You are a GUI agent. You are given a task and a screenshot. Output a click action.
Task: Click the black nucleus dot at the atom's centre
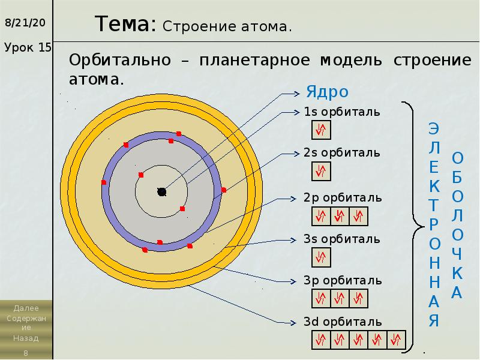point(161,191)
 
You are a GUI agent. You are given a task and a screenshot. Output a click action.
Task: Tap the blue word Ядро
point(327,92)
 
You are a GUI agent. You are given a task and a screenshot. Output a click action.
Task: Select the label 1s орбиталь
point(342,112)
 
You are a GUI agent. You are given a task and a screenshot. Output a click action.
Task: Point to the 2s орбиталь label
point(342,153)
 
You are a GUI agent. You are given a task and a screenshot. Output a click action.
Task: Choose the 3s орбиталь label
point(342,239)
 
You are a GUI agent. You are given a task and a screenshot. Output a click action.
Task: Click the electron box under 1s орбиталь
point(321,130)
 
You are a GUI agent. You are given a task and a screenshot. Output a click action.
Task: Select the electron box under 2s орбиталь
point(321,172)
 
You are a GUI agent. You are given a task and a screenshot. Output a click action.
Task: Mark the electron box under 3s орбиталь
point(321,257)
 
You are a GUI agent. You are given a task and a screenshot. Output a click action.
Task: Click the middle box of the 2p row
point(340,216)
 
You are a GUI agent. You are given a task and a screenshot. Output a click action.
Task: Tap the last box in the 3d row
point(397,340)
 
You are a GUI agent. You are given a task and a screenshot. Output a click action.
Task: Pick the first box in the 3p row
point(321,299)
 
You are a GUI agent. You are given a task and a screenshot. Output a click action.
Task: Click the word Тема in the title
point(125,25)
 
